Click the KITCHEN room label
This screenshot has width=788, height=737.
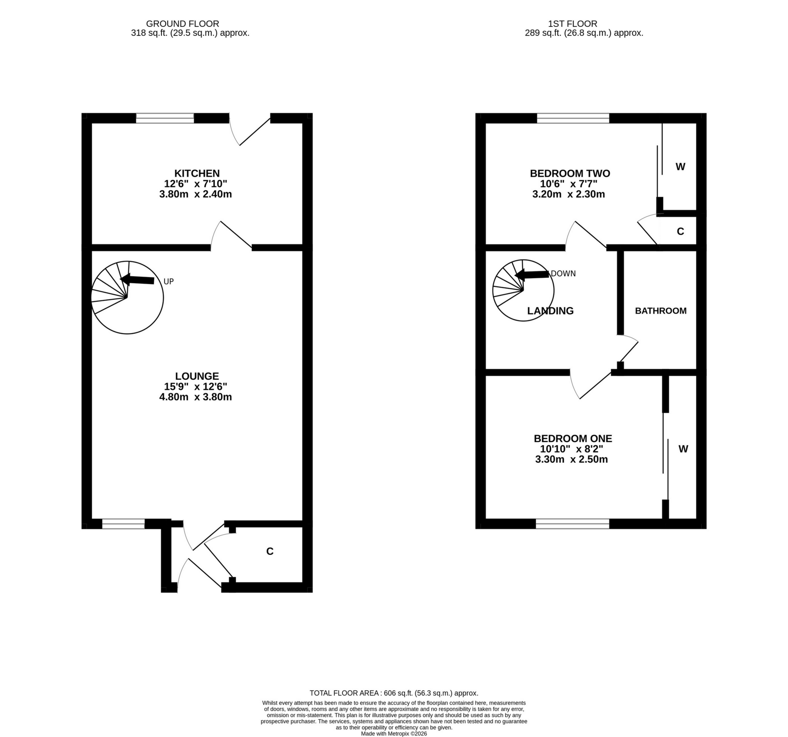point(197,174)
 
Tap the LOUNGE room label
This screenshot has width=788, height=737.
point(197,376)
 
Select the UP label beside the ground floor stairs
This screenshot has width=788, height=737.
point(168,281)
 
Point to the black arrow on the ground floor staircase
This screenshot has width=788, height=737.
point(137,280)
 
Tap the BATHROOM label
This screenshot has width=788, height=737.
point(660,311)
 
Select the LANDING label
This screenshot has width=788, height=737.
point(550,311)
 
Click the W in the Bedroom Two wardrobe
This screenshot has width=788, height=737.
point(680,167)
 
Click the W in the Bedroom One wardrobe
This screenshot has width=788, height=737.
point(683,449)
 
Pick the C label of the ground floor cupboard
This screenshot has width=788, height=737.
point(270,551)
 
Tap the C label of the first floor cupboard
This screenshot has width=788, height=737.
point(680,232)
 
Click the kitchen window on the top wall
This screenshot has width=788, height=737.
point(165,118)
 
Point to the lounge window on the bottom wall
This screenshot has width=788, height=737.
point(123,524)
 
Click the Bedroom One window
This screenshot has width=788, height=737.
point(572,524)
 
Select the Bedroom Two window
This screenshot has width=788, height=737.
point(573,118)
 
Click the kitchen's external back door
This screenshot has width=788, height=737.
point(250,131)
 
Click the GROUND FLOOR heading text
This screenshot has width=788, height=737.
point(183,24)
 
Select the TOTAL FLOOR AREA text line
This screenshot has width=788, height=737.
point(393,693)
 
